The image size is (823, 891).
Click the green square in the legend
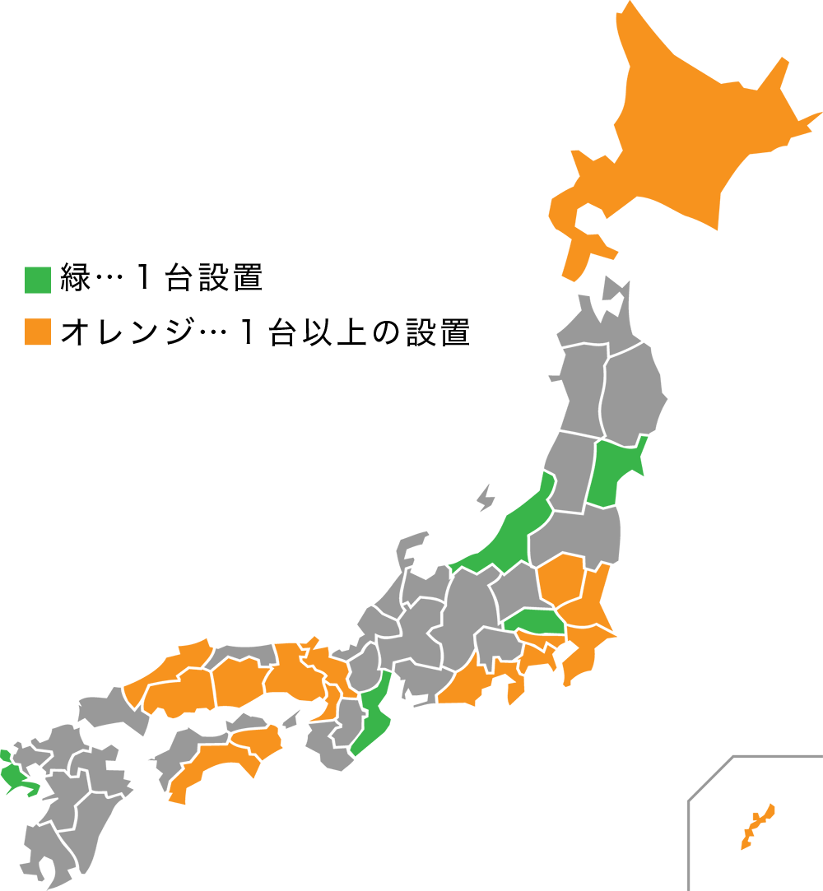(38, 280)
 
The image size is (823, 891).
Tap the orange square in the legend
(38, 332)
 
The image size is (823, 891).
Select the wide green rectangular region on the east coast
(683, 473)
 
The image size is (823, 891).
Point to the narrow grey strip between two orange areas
(244, 576)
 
